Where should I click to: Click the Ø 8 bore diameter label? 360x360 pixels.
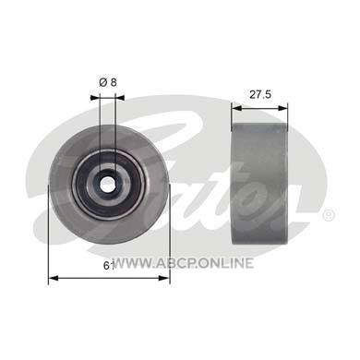(108, 82)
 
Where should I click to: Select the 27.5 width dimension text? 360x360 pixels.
(260, 94)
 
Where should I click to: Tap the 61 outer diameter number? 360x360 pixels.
(109, 266)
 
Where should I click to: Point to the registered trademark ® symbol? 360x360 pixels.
(328, 215)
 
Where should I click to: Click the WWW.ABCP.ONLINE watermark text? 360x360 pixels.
(184, 263)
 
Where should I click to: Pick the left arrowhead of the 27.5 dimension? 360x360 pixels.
(236, 108)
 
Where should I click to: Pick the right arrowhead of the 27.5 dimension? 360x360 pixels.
(283, 108)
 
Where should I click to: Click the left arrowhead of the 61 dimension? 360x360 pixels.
(54, 278)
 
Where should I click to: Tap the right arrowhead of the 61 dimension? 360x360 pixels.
(165, 278)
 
